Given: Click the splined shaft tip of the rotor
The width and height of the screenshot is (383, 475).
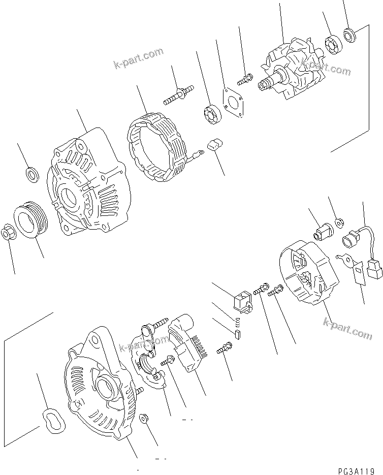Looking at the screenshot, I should (x=265, y=85).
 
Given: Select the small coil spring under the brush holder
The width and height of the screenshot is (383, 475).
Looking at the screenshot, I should (x=237, y=321).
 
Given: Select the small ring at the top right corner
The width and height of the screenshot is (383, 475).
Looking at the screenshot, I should (x=349, y=35).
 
